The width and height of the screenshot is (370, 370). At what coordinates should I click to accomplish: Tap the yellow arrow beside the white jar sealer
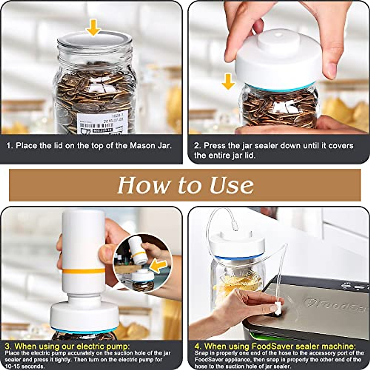click(x=228, y=81)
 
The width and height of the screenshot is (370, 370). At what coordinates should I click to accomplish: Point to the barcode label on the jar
click(x=102, y=123)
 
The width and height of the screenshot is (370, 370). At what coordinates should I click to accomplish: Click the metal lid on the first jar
click(x=95, y=40)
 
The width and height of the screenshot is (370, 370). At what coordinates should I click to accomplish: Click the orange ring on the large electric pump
click(x=83, y=271)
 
